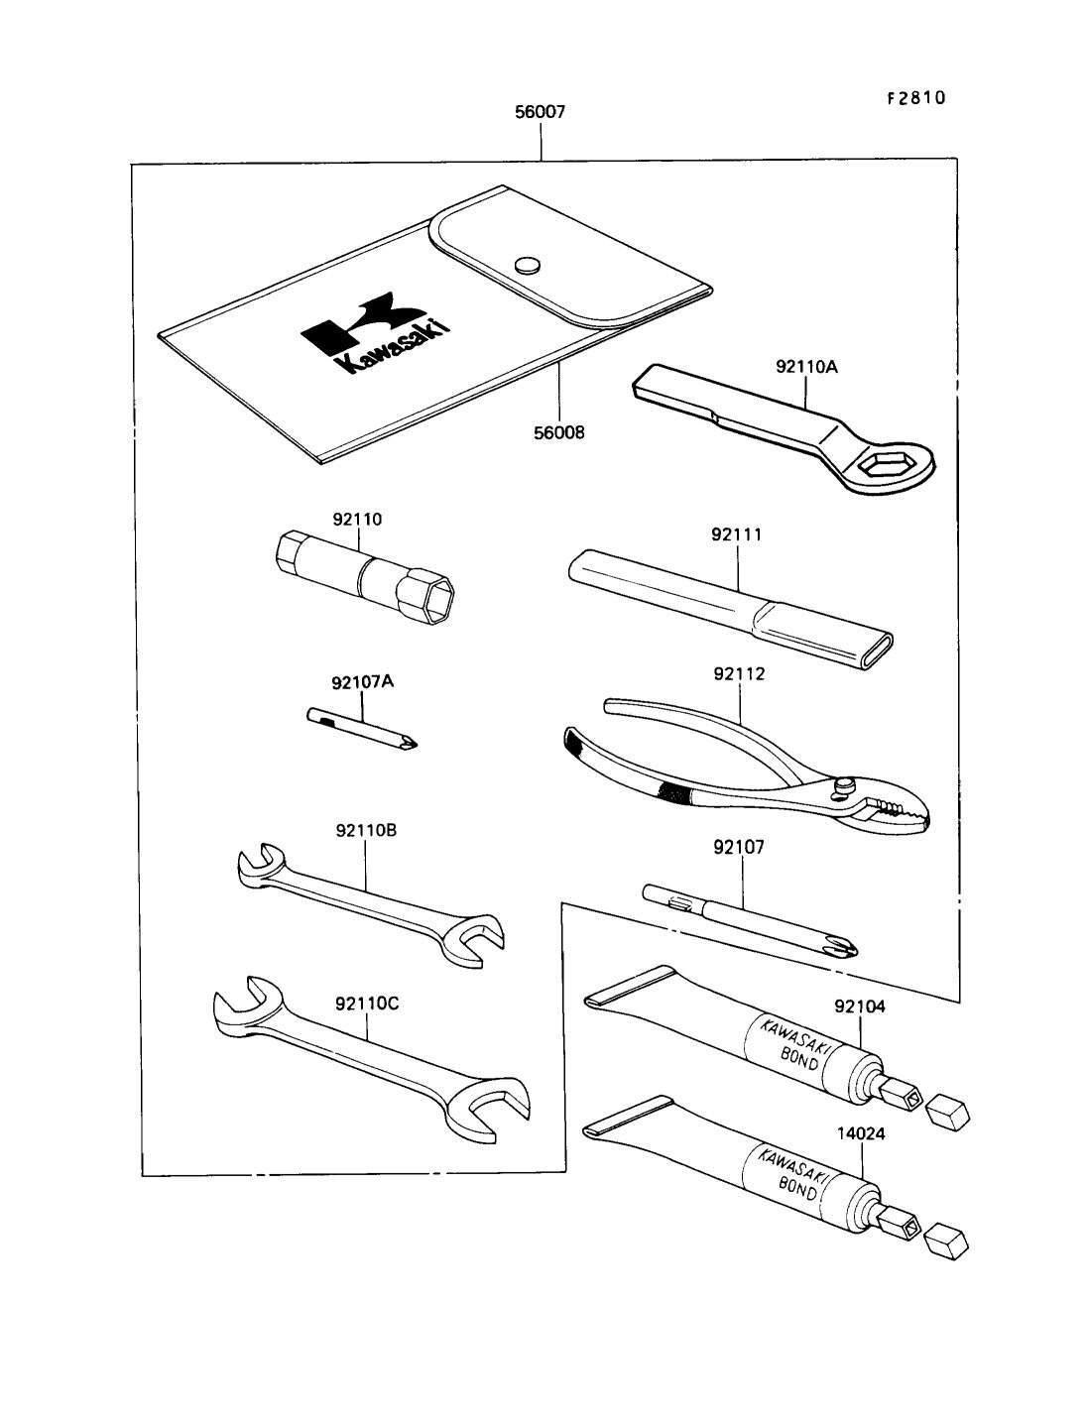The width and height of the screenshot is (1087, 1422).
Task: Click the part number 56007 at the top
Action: (x=541, y=112)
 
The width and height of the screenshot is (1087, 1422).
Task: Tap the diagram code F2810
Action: (x=916, y=98)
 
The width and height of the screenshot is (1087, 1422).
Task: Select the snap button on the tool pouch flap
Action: (x=528, y=265)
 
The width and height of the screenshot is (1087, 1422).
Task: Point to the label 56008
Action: (x=559, y=432)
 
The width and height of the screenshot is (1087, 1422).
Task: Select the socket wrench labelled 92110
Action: (x=363, y=577)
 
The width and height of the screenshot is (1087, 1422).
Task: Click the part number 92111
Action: (x=737, y=534)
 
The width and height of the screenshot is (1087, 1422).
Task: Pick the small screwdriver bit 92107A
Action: (x=362, y=728)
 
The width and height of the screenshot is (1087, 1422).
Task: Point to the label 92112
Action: (x=739, y=674)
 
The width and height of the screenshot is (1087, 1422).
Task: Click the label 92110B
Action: (x=366, y=830)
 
